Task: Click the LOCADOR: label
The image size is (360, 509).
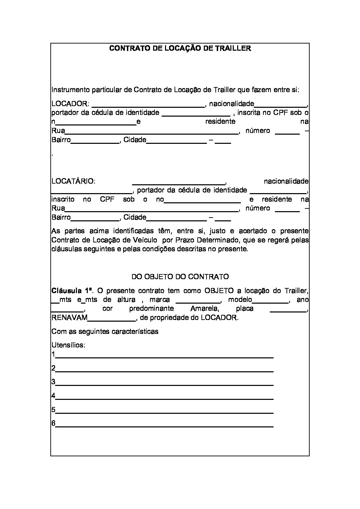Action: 70,104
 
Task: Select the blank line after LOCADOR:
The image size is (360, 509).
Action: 148,106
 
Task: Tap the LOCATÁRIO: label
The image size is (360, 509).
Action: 73,181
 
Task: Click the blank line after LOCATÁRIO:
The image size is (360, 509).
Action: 179,183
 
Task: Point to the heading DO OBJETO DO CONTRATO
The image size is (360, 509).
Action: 180,276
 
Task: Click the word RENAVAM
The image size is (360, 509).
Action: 69,318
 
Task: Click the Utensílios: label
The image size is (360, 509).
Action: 68,345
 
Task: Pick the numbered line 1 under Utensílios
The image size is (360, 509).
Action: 164,357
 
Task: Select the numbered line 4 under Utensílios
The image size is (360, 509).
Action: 164,398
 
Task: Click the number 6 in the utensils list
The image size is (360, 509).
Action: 53,423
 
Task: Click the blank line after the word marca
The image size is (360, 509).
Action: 198,302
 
